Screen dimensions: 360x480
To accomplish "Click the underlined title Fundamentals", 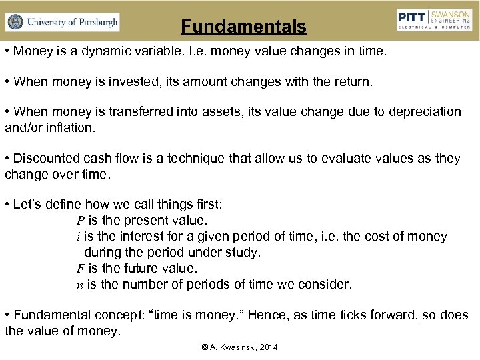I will [x=243, y=27].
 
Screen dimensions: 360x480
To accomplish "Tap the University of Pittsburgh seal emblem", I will [x=15, y=22].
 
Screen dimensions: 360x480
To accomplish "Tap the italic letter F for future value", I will [x=79, y=269].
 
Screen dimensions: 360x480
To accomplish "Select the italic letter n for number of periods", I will [x=79, y=285].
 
